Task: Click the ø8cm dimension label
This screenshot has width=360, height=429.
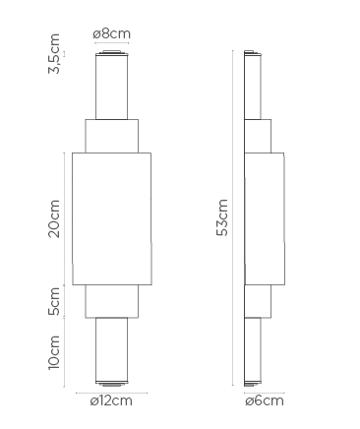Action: (x=111, y=33)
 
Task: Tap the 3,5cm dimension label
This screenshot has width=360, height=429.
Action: (x=54, y=53)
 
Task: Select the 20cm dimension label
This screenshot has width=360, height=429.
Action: (x=54, y=218)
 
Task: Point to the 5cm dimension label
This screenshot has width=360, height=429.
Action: (x=54, y=301)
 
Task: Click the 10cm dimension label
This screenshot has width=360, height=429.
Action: (x=54, y=352)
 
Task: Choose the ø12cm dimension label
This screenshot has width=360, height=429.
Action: (x=111, y=400)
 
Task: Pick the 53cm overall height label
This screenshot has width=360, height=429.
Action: (x=222, y=217)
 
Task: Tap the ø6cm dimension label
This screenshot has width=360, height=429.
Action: (x=265, y=400)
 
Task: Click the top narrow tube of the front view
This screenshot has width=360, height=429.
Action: (x=111, y=87)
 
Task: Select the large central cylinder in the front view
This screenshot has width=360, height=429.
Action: (x=112, y=218)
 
